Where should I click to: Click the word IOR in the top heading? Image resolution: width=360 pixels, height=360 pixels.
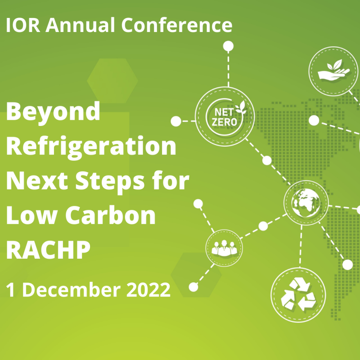click(23, 25)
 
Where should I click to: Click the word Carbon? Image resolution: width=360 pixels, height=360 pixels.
click(111, 216)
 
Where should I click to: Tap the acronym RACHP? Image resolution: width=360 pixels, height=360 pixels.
click(48, 250)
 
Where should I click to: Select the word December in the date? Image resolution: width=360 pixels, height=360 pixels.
click(72, 289)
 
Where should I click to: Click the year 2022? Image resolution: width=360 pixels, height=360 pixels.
click(148, 290)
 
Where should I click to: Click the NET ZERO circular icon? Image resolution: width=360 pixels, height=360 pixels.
click(225, 117)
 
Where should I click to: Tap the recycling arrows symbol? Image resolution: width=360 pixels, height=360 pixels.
click(298, 295)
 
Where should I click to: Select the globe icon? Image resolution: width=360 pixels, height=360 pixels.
click(306, 203)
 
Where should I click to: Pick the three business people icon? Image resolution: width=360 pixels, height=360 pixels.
click(224, 248)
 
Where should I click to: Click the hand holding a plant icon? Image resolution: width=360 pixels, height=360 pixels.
click(333, 71)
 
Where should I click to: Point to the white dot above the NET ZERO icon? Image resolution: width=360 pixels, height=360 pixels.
click(228, 46)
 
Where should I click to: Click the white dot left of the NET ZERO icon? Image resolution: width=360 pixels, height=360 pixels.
click(176, 121)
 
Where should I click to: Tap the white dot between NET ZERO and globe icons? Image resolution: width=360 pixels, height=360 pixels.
click(267, 160)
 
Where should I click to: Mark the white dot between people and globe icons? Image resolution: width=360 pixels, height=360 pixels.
click(263, 226)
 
